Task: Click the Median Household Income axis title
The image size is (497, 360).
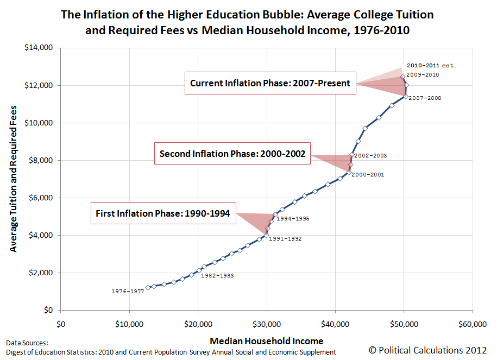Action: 266,341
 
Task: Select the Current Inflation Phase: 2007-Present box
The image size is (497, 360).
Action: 270,84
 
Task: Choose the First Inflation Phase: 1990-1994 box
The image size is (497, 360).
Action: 163,213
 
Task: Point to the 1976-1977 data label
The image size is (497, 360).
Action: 128,292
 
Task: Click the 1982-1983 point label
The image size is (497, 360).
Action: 217,276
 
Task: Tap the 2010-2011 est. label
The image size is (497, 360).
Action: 431,65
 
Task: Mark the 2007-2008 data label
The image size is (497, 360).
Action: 425,98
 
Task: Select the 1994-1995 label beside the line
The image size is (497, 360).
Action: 293,219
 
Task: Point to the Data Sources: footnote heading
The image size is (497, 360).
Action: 27,343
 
